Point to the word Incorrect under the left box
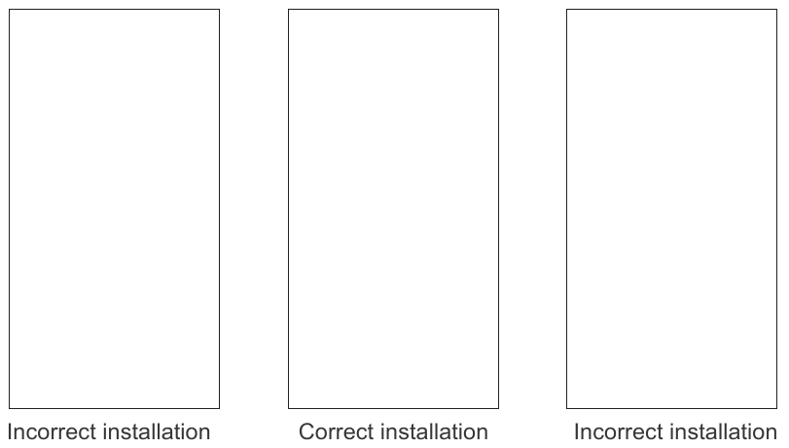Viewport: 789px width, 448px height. coord(52,432)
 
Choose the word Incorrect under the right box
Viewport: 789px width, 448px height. coord(618,432)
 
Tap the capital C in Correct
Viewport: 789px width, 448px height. coord(307,432)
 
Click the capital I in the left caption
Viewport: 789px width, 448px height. coord(10,432)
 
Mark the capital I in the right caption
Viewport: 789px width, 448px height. coord(577,432)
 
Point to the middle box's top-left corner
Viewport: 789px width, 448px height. coord(288,9)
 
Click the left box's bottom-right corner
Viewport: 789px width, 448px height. coord(220,408)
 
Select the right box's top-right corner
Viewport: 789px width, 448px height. coord(777,9)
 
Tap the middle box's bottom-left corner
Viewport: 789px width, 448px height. coord(288,408)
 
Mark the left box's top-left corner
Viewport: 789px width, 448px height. coord(9,9)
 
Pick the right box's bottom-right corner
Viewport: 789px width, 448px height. coord(777,408)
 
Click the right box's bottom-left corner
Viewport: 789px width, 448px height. coord(566,408)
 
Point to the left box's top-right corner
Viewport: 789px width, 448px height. coord(220,9)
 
